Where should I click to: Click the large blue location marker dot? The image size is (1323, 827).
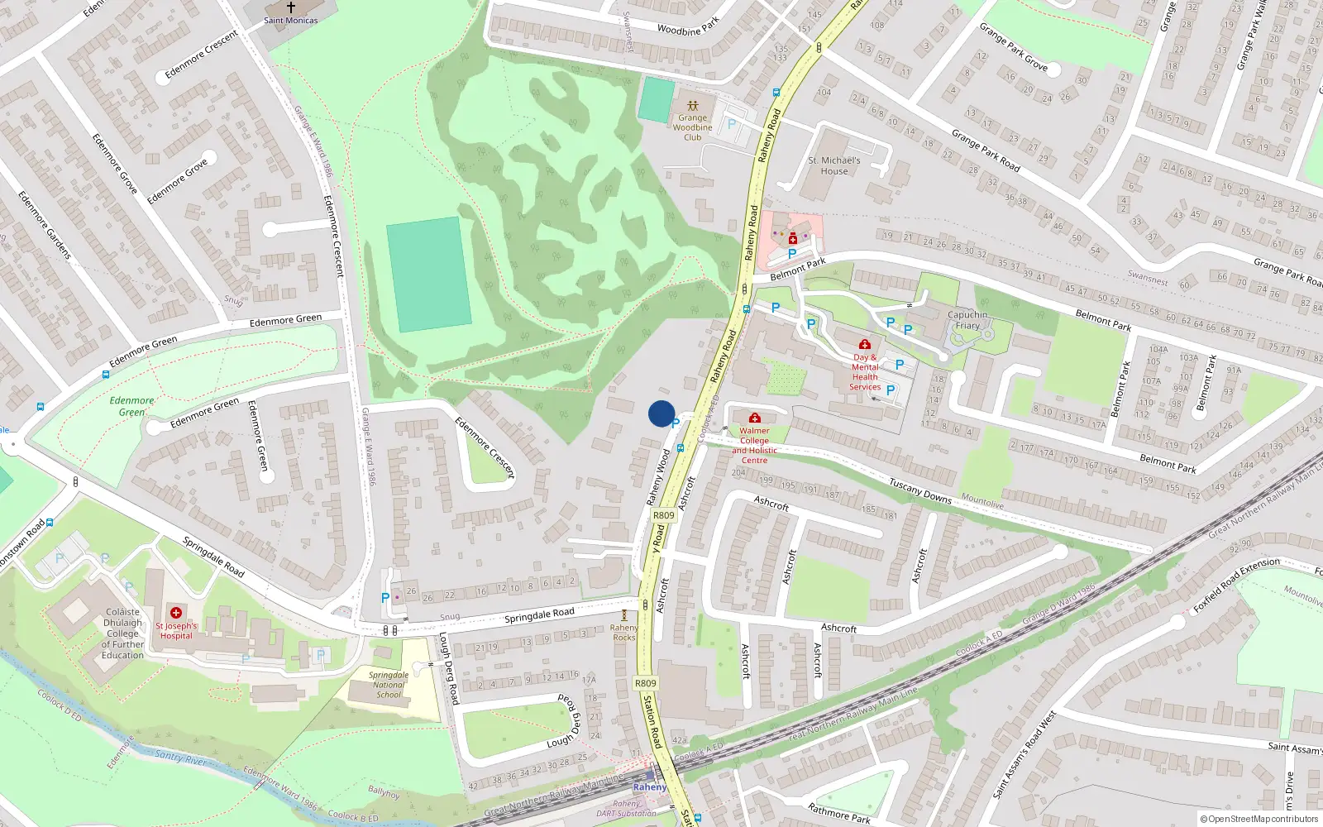pos(661,413)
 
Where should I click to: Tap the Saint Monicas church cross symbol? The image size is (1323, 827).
pos(290,7)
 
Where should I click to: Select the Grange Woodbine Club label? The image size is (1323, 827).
pos(692,127)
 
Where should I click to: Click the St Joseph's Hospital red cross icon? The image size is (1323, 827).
pos(175,613)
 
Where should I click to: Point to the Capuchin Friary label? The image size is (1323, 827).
pos(967,320)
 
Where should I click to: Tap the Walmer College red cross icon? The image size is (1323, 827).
pos(754,418)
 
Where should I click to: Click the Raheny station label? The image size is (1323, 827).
pos(650,787)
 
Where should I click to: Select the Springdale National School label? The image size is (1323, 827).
pos(389,685)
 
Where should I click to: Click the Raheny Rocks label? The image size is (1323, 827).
pos(624,633)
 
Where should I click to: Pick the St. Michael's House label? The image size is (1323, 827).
pos(834,165)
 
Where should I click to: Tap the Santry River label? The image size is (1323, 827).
pos(181,756)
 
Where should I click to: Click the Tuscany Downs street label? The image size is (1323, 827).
pos(919,490)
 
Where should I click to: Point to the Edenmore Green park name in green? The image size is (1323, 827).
pos(131,406)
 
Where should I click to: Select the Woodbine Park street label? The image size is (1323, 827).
pos(688,27)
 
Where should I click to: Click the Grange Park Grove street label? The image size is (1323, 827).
pos(1013,46)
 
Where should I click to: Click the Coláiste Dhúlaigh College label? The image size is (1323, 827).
pos(122,633)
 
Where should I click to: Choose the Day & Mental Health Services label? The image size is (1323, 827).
pos(865,372)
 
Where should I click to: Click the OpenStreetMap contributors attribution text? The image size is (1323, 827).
pos(1259,820)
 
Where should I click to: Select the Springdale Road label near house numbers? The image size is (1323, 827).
pos(539,614)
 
